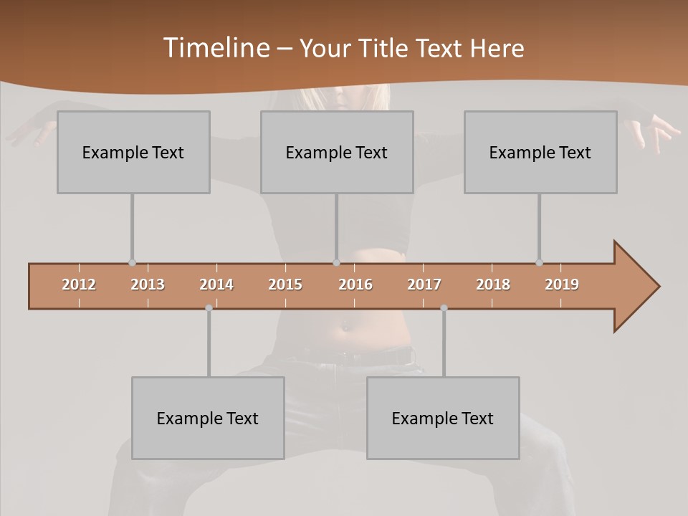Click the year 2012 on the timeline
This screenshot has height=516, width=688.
79,285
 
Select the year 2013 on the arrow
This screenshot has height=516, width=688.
148,285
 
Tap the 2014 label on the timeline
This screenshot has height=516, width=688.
216,285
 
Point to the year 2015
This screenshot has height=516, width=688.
285,285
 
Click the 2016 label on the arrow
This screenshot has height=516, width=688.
355,285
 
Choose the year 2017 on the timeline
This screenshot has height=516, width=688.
424,285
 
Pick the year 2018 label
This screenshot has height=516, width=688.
493,285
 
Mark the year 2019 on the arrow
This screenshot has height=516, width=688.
562,285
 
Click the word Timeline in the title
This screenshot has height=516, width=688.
216,48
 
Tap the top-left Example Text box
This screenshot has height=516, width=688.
133,152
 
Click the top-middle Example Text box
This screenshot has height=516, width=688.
337,152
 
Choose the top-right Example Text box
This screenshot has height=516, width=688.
540,152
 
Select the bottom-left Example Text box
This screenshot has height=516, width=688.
208,418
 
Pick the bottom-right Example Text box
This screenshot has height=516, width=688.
443,418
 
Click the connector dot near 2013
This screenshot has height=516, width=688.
132,262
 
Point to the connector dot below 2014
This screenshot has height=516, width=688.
209,307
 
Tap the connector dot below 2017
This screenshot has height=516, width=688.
444,307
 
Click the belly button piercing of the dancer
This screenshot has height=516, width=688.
347,327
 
